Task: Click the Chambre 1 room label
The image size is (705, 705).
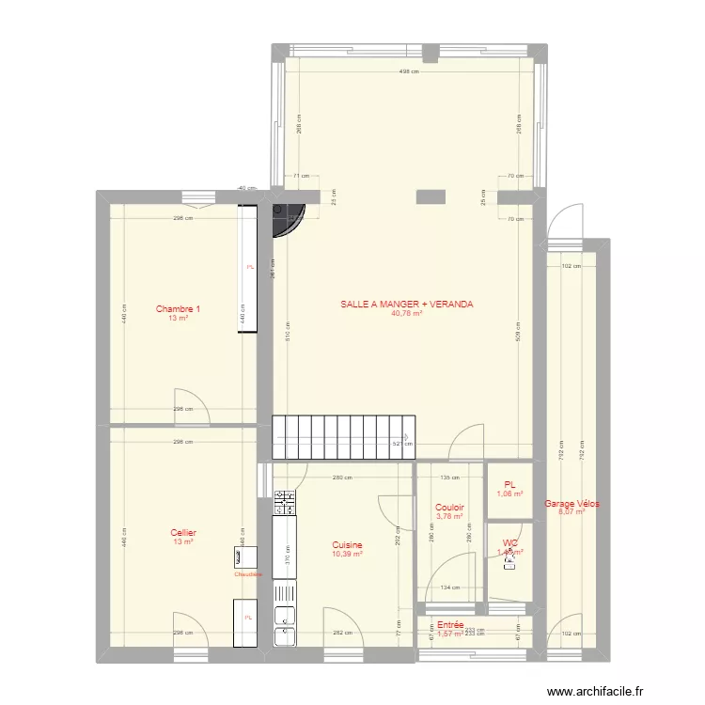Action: click(x=178, y=309)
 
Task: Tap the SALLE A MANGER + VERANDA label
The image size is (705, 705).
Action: click(x=407, y=305)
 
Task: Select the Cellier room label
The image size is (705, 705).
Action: click(x=183, y=533)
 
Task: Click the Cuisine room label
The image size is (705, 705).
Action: click(x=347, y=545)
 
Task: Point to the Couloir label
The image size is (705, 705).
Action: click(x=450, y=508)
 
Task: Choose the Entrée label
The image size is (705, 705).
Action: click(x=450, y=624)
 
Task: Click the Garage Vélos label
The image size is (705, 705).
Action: click(x=572, y=504)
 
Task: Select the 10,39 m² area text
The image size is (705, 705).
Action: click(x=347, y=555)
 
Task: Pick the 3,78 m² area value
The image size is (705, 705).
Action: click(x=450, y=516)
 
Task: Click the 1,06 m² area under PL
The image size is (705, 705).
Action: click(x=509, y=493)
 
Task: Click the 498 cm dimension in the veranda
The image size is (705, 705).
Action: click(x=408, y=72)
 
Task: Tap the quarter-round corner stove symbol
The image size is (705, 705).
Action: click(x=286, y=220)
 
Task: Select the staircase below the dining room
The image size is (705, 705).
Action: click(x=343, y=437)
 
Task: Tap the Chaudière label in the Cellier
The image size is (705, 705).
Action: click(x=248, y=574)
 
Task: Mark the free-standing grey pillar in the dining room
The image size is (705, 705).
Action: click(x=431, y=196)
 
